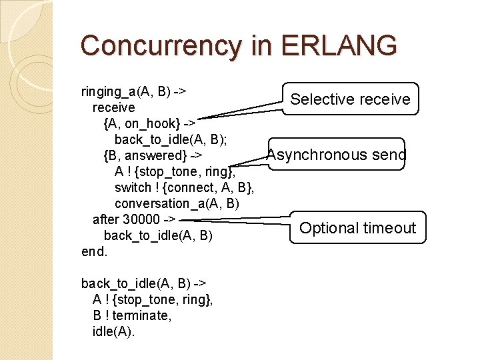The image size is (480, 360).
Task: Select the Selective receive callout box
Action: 351,99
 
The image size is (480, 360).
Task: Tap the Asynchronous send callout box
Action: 337,155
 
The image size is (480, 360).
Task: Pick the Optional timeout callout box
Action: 357,228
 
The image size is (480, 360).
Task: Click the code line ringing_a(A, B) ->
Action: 133,91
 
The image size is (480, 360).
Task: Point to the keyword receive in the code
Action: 113,107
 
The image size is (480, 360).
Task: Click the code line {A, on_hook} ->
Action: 149,123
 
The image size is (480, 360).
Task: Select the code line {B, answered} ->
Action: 153,155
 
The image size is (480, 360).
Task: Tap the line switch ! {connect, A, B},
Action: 185,187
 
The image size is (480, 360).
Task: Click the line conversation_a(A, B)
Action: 177,203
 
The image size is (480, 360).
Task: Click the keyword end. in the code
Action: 94,251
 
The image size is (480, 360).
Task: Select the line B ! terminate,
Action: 132,315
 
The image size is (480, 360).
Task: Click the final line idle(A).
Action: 113,331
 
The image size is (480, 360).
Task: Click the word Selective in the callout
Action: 319,99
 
